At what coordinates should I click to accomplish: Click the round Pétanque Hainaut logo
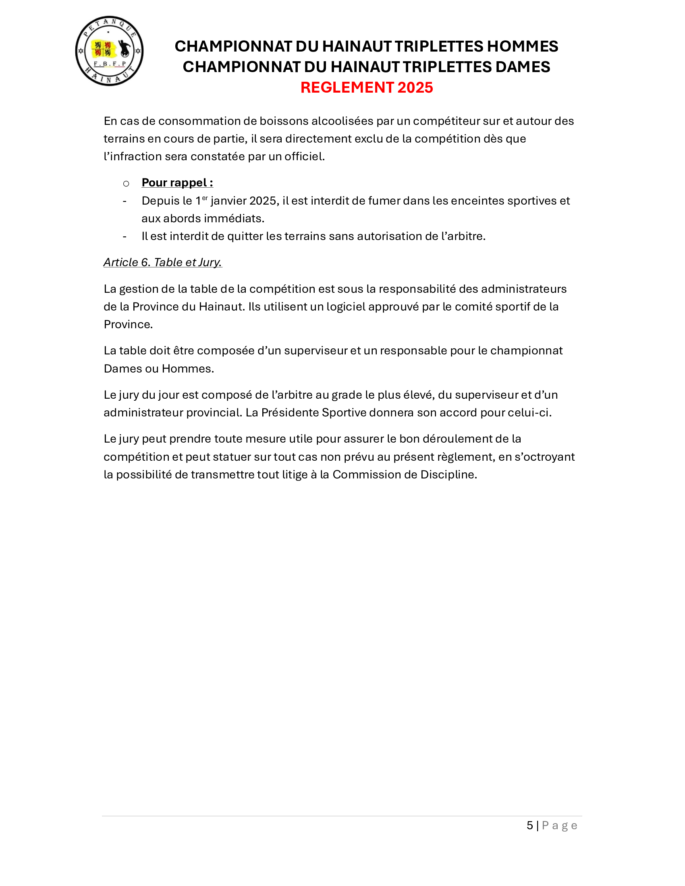[109, 51]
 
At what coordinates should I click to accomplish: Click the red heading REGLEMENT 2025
[366, 88]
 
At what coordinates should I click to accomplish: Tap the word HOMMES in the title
[522, 47]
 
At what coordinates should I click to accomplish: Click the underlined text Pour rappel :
[177, 182]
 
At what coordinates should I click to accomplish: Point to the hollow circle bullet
[126, 184]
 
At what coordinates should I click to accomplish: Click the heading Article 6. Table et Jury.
[163, 262]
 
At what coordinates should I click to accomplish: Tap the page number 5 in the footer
[529, 825]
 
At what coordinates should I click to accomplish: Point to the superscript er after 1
[205, 198]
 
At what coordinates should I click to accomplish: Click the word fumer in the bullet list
[384, 201]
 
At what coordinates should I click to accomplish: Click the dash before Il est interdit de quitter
[125, 236]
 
